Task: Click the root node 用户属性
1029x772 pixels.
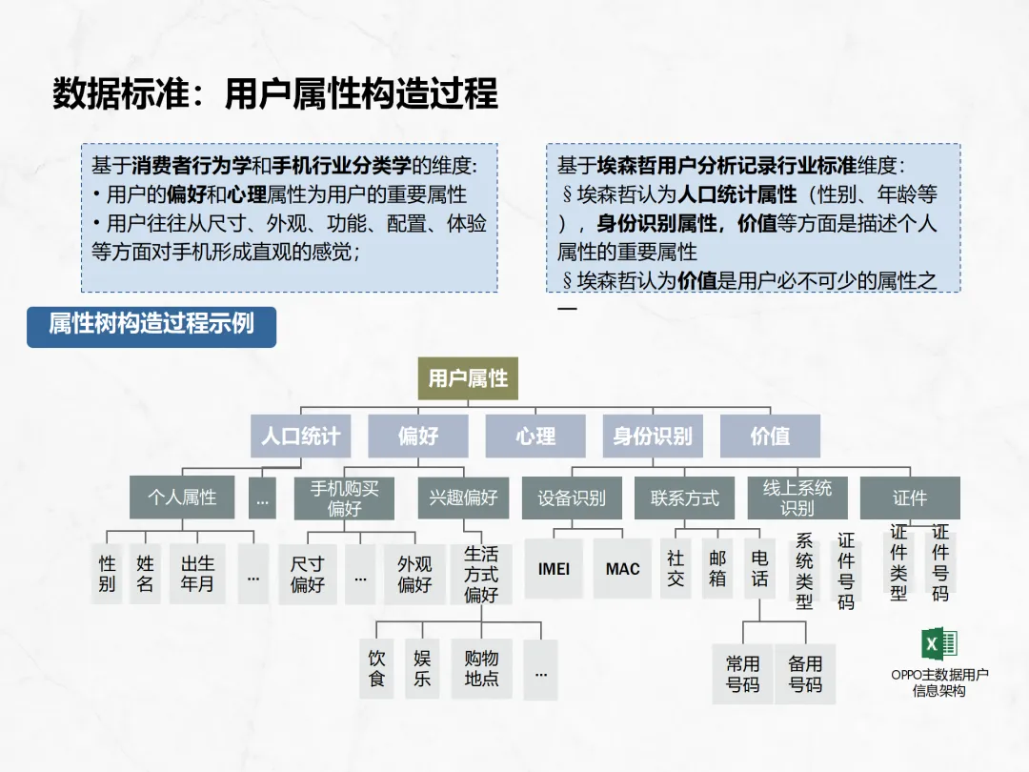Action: (468, 378)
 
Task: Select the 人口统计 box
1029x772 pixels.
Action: (301, 436)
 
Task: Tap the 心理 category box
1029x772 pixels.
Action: (535, 436)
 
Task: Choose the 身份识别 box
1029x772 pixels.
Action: (653, 436)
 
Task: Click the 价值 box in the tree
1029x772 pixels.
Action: (770, 436)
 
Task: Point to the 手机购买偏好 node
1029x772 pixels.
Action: (344, 498)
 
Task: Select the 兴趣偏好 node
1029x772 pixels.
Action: (463, 498)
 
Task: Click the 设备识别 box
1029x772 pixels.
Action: (571, 498)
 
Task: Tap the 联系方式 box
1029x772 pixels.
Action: (684, 498)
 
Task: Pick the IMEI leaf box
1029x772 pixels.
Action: (554, 569)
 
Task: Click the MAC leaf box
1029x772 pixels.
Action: (622, 569)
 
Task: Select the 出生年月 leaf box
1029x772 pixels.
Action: (197, 574)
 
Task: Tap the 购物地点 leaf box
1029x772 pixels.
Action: (481, 668)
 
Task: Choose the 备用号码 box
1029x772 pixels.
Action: (805, 674)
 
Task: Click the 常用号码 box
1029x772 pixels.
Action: (742, 674)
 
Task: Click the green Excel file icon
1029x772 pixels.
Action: (938, 645)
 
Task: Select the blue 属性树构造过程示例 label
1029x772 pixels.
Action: (151, 324)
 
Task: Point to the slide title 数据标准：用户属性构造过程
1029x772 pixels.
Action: (275, 95)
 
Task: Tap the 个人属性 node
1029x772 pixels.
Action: (182, 498)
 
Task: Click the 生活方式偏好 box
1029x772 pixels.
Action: (481, 574)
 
